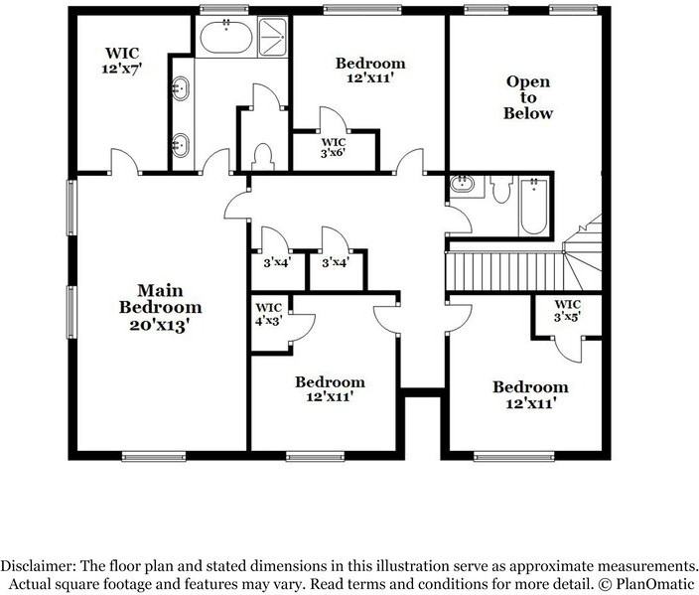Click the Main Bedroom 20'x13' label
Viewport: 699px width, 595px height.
point(161,308)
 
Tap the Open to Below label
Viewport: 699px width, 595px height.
point(528,97)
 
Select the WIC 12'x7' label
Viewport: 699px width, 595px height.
point(122,61)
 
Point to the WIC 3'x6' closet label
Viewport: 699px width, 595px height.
point(334,148)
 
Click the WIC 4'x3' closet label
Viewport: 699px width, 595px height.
point(268,314)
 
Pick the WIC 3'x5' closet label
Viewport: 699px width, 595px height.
point(567,311)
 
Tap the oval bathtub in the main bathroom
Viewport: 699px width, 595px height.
point(226,38)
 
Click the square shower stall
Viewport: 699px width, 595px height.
point(272,37)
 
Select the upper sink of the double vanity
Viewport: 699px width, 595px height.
point(181,87)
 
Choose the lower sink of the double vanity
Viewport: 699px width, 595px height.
point(181,145)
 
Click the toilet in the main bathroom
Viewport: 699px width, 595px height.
point(262,157)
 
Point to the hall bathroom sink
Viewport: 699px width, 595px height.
point(462,184)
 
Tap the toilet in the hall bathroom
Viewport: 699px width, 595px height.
point(501,189)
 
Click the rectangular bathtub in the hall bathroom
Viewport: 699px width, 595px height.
point(534,206)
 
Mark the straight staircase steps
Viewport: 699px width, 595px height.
point(504,271)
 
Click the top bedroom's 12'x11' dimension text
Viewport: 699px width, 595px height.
point(370,77)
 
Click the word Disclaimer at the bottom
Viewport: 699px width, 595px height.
point(38,566)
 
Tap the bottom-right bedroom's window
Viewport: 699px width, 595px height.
point(513,456)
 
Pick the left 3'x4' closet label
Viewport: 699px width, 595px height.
point(277,262)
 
